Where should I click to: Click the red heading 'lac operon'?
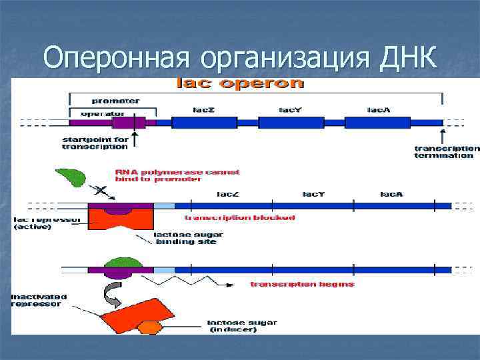(239, 84)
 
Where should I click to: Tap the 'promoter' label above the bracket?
(115, 101)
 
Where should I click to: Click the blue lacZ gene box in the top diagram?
(204, 123)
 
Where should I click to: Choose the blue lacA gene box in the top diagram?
(378, 123)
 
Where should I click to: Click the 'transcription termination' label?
(445, 152)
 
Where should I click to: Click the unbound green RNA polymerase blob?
(71, 177)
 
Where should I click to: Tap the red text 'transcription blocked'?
(239, 218)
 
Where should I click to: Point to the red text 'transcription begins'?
(302, 284)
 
